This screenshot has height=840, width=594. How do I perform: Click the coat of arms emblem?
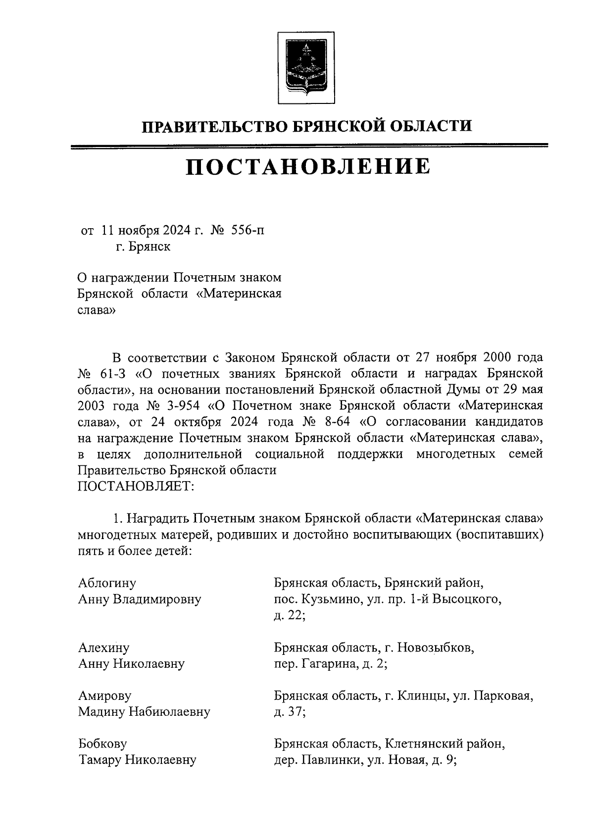[x=305, y=68]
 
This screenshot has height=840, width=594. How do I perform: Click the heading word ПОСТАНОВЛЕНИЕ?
[x=307, y=167]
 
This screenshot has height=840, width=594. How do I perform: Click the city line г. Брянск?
[x=143, y=247]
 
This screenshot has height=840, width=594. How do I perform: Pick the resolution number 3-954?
[x=180, y=405]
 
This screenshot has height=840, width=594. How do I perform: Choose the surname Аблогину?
[x=107, y=583]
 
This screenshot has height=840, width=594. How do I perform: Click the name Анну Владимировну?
[x=140, y=599]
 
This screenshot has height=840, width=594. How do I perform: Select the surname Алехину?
[x=103, y=647]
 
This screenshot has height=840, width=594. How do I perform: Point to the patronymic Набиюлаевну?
[x=170, y=712]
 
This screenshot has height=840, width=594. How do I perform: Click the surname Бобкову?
[x=102, y=743]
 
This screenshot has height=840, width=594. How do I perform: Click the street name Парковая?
[x=503, y=696]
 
